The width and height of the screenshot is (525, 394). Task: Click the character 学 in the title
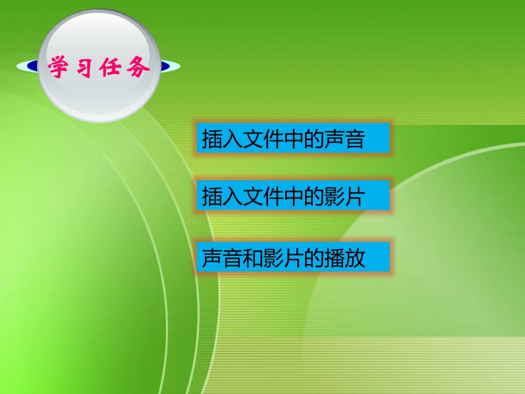pos(58,68)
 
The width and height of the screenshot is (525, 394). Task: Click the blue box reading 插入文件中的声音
pos(293,138)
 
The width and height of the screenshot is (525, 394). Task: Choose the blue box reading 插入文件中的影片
pos(293,196)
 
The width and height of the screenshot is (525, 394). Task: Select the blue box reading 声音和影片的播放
pos(293,258)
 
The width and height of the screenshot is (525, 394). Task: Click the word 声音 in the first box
pos(344,139)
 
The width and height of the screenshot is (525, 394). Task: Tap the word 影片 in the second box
pos(344,197)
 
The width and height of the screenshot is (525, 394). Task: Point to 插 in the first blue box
pos(212,139)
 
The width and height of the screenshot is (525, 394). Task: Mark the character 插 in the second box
pos(212,197)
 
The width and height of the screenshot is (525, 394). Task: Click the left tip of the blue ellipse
pos(19,67)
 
